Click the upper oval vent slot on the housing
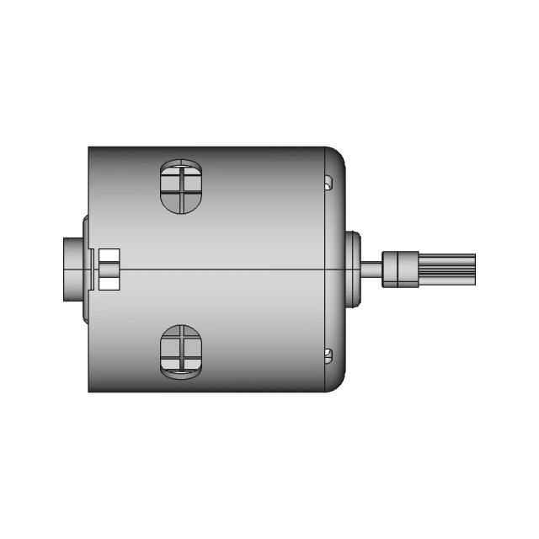pyautogui.click(x=181, y=187)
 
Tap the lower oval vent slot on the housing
pyautogui.click(x=181, y=350)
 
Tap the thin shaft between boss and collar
pyautogui.click(x=372, y=269)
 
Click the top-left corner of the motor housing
pyautogui.click(x=89, y=148)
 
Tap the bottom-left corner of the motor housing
pyautogui.click(x=89, y=391)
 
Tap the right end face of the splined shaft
pyautogui.click(x=474, y=269)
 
